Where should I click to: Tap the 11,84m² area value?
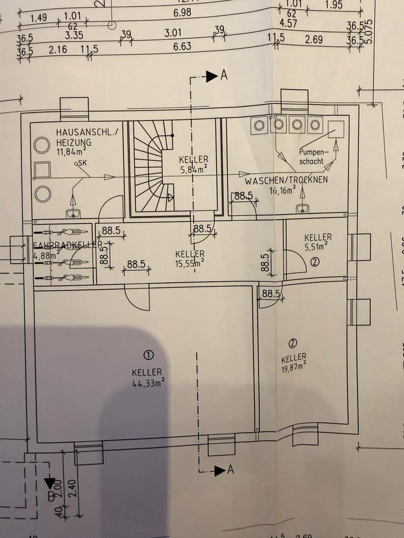point(71,151)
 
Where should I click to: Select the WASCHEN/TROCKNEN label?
point(286,182)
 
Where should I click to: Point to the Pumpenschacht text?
point(312,156)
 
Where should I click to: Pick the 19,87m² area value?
point(294,367)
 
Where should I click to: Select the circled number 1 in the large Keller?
point(148,355)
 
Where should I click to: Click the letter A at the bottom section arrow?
point(230,470)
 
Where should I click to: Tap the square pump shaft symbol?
point(336,129)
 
